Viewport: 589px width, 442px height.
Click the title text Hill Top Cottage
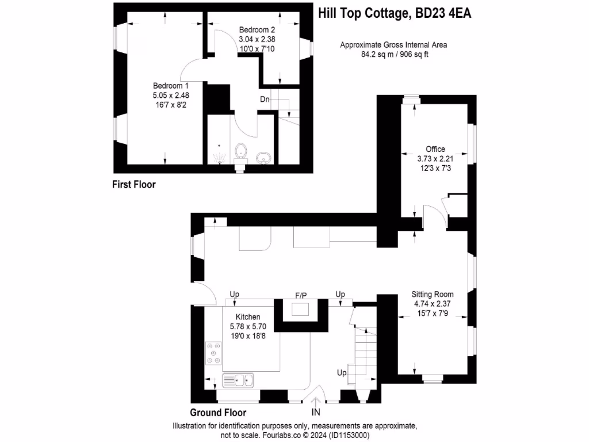tap(363, 13)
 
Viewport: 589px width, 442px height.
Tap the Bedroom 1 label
tap(167, 86)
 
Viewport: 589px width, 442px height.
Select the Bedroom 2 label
tap(257, 30)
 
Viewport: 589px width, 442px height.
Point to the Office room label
tap(435, 149)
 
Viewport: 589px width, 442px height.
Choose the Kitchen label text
tap(248, 317)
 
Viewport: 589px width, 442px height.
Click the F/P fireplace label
tap(301, 295)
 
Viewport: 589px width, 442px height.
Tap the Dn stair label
tap(265, 100)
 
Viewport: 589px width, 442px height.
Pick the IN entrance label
tap(316, 412)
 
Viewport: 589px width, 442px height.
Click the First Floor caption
tap(133, 185)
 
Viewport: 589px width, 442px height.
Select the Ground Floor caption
tap(218, 413)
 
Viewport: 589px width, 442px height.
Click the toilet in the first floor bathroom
tap(241, 153)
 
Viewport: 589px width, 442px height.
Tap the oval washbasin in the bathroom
tap(263, 157)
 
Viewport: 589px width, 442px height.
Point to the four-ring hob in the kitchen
tap(214, 353)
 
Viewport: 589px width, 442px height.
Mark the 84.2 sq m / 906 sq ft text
tap(393, 55)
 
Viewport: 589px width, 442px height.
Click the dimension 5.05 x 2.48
tap(167, 96)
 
